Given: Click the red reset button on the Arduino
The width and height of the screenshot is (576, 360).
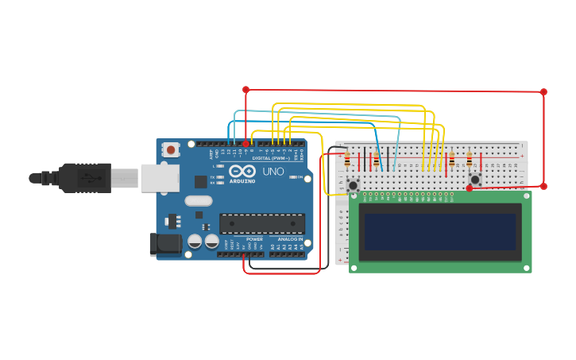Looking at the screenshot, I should click(x=170, y=149).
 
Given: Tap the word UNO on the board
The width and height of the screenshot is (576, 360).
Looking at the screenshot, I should click(x=273, y=172).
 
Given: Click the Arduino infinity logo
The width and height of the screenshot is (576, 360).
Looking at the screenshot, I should click(x=242, y=171).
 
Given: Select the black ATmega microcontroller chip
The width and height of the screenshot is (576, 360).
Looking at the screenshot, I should click(x=262, y=223).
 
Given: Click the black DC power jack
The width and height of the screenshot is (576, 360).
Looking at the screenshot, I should click(x=164, y=244).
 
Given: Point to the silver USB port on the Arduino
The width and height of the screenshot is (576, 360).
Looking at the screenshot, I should click(x=160, y=178).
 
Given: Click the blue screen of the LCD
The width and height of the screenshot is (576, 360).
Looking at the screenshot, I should click(x=440, y=231).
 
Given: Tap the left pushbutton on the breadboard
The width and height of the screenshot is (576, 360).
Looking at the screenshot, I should click(x=353, y=185).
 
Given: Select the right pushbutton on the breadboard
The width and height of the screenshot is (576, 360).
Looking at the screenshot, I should click(x=475, y=180).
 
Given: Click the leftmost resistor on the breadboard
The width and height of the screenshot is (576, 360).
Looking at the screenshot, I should click(x=347, y=160).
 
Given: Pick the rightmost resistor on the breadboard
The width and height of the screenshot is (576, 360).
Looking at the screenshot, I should click(x=469, y=159).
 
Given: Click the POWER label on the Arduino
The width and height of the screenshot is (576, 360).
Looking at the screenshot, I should click(x=254, y=239).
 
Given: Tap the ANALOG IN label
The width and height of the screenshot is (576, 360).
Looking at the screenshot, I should click(x=290, y=239).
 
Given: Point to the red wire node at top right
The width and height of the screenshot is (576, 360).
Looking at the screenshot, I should click(x=543, y=91).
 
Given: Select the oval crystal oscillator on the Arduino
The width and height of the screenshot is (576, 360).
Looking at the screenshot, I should click(x=199, y=201).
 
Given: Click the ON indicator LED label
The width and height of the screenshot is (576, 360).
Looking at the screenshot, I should click(x=300, y=177).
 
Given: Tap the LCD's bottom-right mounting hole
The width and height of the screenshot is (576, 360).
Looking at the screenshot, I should click(x=526, y=268).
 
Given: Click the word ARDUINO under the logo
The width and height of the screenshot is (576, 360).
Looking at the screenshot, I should click(x=242, y=181).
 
